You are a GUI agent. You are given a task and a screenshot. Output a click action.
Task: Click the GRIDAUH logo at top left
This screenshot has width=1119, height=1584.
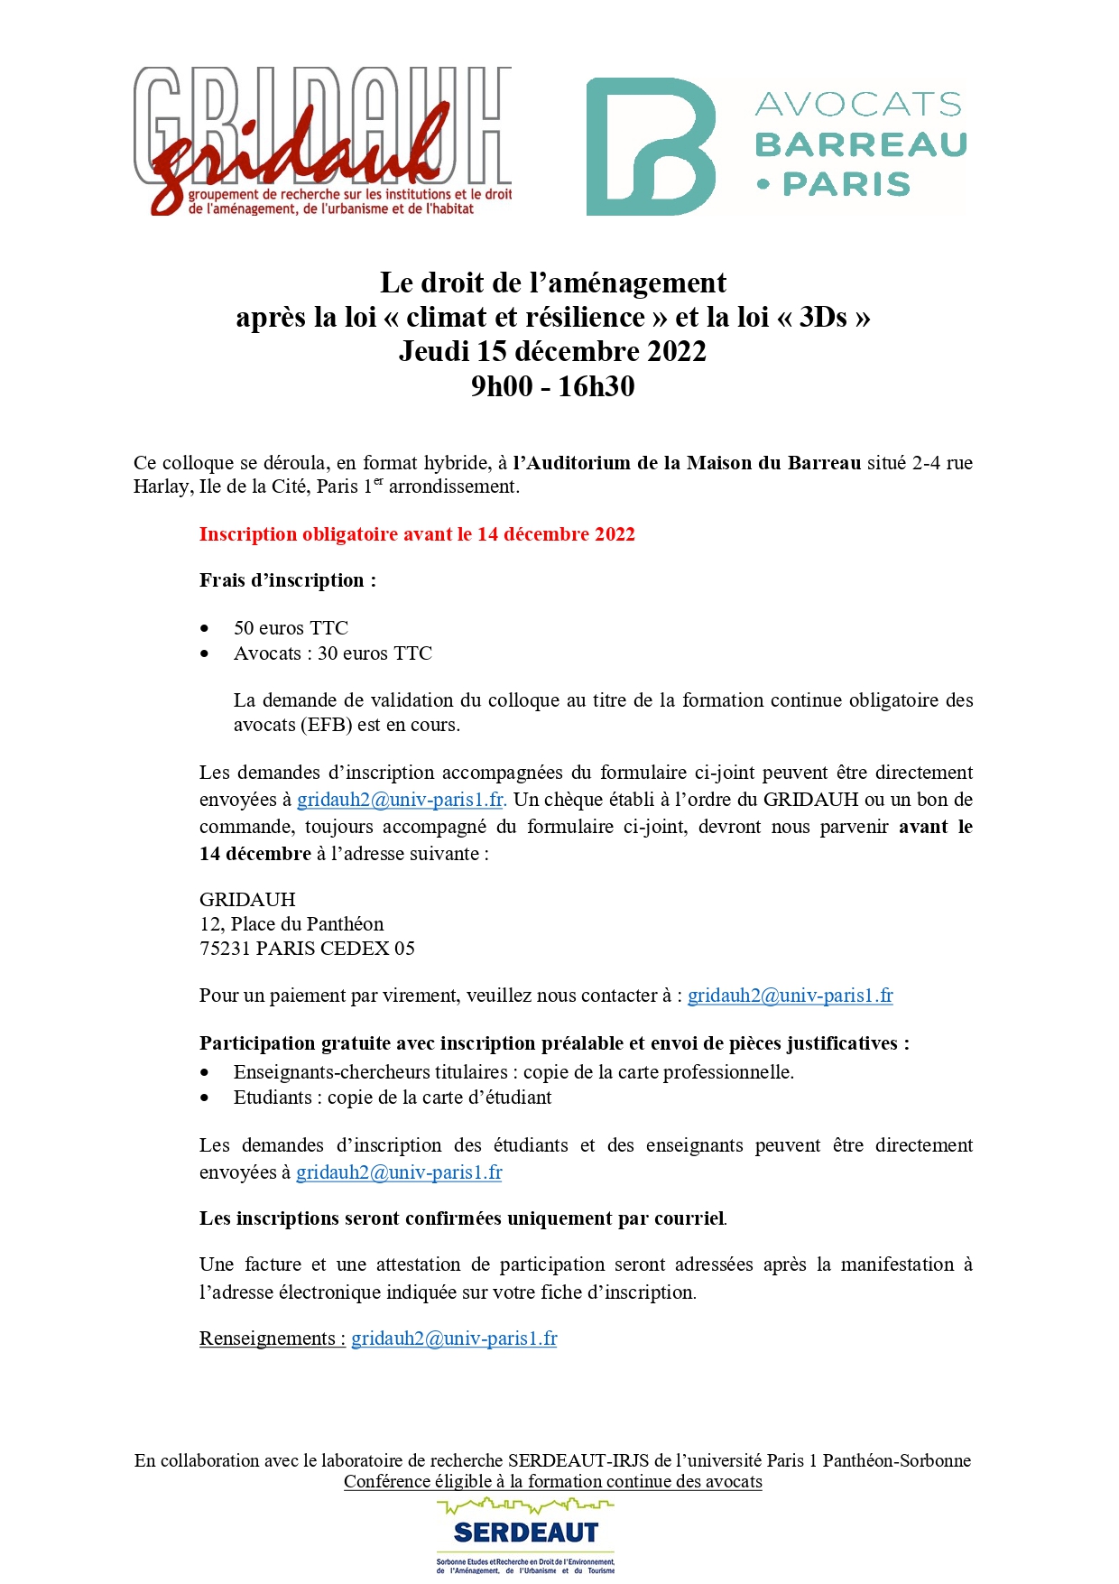(x=322, y=142)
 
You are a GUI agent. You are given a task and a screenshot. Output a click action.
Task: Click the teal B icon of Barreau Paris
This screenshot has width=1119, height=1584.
(x=651, y=146)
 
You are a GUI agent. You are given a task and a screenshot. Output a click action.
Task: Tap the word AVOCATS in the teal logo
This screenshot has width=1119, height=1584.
(x=858, y=105)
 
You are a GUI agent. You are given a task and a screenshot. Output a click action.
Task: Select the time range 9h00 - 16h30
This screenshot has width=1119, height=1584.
(x=552, y=386)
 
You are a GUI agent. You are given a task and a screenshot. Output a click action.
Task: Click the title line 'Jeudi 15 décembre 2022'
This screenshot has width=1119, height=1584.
(x=552, y=351)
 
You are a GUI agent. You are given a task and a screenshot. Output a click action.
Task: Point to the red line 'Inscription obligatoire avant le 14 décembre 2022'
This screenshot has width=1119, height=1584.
(x=417, y=534)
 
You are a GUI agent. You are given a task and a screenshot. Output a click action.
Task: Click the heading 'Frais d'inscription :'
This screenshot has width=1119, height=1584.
(x=288, y=580)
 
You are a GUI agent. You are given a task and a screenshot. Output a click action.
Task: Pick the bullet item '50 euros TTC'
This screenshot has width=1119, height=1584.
(x=291, y=628)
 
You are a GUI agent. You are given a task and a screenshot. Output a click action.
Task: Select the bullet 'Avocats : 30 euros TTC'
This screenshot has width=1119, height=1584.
(x=333, y=653)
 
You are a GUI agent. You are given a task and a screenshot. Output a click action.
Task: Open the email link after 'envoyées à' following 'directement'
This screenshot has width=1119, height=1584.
(x=400, y=800)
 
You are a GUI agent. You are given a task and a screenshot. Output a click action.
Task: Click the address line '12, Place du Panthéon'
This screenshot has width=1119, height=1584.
(x=291, y=924)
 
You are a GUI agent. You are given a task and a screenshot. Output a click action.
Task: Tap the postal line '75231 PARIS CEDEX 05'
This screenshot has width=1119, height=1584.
(x=307, y=949)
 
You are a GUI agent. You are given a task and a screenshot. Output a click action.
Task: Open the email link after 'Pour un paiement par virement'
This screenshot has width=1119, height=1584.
(x=790, y=996)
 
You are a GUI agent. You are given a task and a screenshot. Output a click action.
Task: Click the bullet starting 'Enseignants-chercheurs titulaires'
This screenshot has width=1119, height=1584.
(x=513, y=1072)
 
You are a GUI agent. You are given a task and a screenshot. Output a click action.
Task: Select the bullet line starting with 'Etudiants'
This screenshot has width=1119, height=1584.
(x=393, y=1098)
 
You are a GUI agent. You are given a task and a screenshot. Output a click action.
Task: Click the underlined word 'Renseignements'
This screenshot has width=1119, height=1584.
(x=268, y=1339)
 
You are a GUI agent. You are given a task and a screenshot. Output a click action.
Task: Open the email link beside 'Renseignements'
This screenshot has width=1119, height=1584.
(x=454, y=1339)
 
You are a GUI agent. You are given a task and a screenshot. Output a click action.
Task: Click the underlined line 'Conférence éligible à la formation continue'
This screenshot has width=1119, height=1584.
(x=552, y=1481)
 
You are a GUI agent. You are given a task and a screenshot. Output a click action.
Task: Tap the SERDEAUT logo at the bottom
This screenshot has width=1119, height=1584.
(x=525, y=1533)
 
